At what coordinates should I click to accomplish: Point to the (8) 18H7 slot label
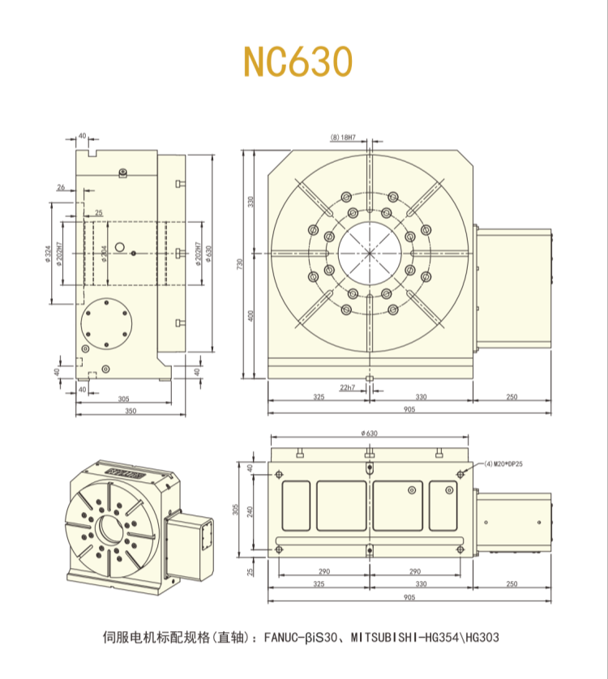[x=344, y=138]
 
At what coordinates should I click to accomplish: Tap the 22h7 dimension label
[x=347, y=388]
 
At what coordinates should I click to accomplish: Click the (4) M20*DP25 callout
[x=503, y=463]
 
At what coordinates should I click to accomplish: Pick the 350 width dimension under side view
[x=124, y=412]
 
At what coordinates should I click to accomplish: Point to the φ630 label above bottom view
[x=369, y=433]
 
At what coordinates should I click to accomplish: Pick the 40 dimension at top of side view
[x=82, y=135]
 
